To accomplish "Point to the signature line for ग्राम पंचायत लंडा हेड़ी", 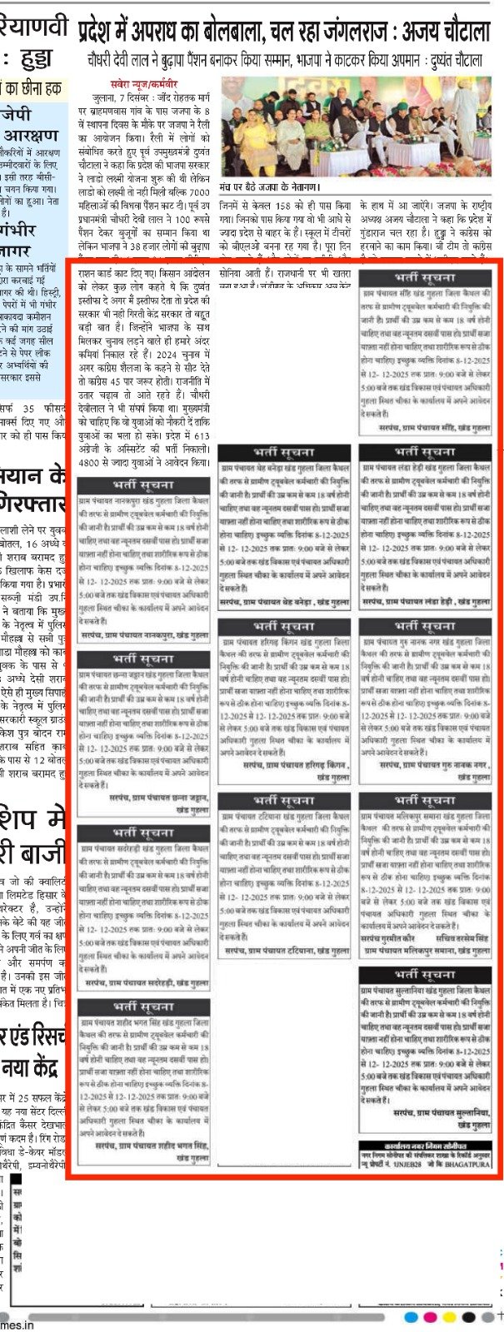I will (427, 601).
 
